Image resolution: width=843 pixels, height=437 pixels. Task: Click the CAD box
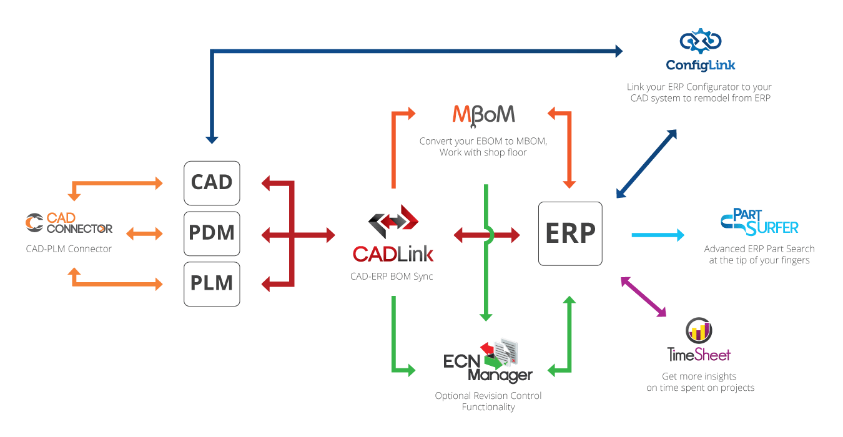212,182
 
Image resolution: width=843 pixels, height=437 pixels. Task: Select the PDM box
212,233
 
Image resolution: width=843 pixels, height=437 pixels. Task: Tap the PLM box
212,283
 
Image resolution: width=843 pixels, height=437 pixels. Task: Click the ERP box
570,233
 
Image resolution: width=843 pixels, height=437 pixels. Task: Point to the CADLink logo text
393,253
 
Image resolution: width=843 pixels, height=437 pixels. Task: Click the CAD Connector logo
69,223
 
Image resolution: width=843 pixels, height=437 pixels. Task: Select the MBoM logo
483,115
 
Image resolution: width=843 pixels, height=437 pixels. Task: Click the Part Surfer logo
760,223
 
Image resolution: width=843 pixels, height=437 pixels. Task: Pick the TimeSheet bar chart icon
698,331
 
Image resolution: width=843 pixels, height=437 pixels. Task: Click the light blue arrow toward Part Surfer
658,235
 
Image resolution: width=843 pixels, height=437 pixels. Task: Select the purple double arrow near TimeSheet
644,298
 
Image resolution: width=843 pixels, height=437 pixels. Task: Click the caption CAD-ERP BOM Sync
392,275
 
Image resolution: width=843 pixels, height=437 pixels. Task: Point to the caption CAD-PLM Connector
69,249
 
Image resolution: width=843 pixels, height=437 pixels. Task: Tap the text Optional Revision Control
488,396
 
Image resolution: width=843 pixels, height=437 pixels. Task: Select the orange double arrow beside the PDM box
144,233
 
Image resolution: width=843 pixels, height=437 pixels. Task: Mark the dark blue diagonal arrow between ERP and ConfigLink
646,164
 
